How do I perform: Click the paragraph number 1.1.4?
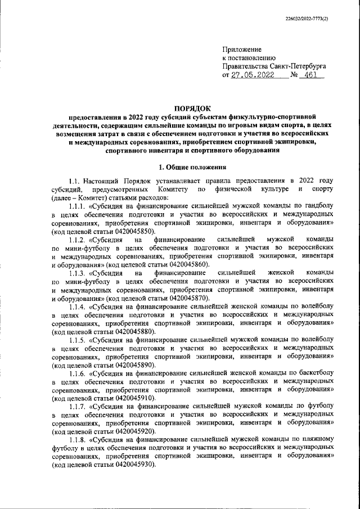[x=76, y=306]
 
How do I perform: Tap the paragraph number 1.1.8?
[x=76, y=439]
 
